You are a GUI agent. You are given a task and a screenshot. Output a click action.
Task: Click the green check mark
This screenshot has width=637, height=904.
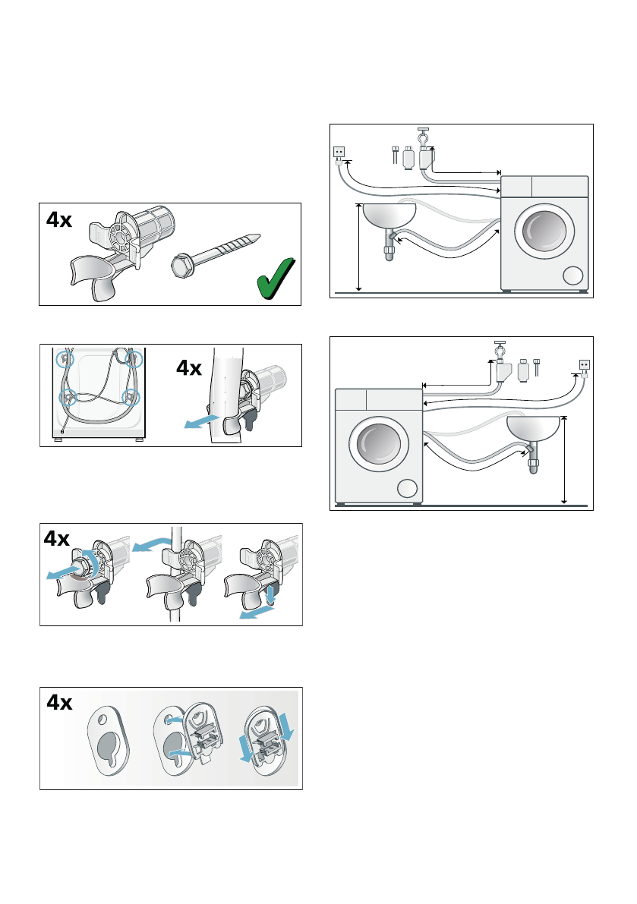tap(276, 279)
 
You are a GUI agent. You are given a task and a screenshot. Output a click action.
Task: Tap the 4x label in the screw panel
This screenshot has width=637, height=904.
tap(58, 219)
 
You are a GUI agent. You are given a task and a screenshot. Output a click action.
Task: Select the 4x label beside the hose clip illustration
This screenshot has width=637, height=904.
tap(189, 368)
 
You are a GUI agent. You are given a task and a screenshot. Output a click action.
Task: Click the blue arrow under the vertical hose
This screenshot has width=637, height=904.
tap(200, 421)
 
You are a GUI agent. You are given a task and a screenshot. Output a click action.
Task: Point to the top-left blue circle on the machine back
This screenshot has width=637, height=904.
tap(65, 360)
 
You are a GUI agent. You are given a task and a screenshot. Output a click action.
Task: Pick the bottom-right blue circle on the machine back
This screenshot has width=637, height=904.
tap(132, 397)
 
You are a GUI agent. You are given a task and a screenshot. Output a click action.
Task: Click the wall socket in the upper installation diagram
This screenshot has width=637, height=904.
tap(339, 153)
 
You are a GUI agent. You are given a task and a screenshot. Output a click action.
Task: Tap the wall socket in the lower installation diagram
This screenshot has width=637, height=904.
tap(585, 365)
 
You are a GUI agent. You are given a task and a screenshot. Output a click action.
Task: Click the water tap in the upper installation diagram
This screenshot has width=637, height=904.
tap(423, 137)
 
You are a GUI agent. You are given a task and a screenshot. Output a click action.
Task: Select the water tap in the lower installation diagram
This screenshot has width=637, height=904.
tap(500, 350)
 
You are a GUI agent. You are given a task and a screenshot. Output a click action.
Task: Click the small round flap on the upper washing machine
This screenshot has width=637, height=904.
tap(573, 276)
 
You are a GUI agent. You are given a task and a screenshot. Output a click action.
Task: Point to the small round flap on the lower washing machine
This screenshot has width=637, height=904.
tap(407, 488)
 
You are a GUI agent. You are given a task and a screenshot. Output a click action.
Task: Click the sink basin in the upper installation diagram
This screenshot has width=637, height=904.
tap(389, 216)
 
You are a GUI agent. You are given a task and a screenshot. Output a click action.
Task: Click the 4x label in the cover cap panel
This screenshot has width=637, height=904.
tap(59, 702)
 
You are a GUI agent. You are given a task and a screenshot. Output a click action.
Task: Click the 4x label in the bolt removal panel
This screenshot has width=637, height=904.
tap(56, 538)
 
